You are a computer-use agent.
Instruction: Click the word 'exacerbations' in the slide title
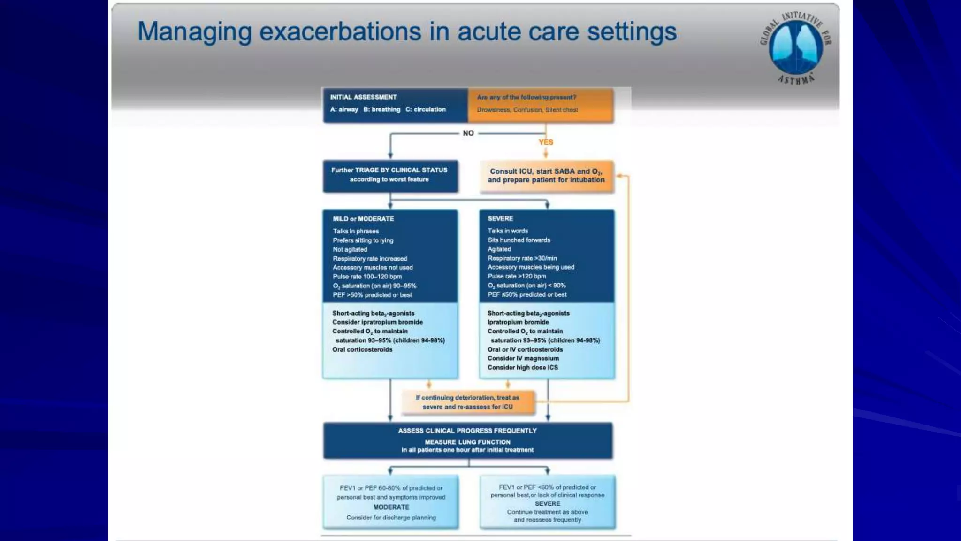[x=340, y=32]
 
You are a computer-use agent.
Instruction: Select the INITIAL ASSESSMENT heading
[x=363, y=97]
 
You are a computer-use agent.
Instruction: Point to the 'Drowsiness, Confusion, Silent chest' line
[x=527, y=110]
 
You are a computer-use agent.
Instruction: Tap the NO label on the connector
[x=468, y=133]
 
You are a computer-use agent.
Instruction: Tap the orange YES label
[x=546, y=142]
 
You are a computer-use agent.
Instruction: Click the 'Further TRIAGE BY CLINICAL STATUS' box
[x=389, y=175]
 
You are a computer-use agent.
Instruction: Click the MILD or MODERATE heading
[x=363, y=219]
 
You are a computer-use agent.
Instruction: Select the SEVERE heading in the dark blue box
[x=500, y=218]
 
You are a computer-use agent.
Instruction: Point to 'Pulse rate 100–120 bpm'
[x=367, y=277]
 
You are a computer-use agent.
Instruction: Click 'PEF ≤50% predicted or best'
[x=526, y=294]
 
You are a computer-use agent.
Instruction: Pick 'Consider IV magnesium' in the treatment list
[x=523, y=358]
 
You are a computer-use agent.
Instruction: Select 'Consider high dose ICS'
[x=522, y=367]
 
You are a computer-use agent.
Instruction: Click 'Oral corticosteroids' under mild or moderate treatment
[x=362, y=349]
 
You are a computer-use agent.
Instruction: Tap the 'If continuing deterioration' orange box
[x=467, y=402]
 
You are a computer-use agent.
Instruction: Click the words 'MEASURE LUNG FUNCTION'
[x=467, y=442]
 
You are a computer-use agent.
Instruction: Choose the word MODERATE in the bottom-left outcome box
[x=391, y=507]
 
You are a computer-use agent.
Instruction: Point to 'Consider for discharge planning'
[x=391, y=518]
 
